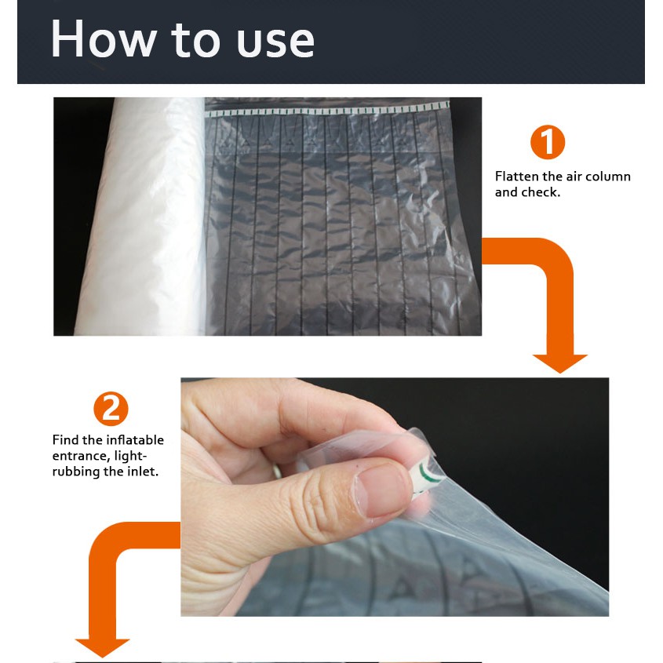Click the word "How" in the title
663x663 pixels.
[x=104, y=39]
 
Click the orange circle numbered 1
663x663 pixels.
[x=548, y=142]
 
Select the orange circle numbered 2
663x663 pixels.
[x=111, y=409]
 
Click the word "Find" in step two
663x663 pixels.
[x=66, y=439]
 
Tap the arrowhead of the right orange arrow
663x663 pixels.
[x=560, y=363]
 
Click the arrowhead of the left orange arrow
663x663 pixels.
[x=102, y=648]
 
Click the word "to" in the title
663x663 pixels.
[x=195, y=40]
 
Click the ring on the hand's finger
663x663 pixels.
[x=277, y=471]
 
